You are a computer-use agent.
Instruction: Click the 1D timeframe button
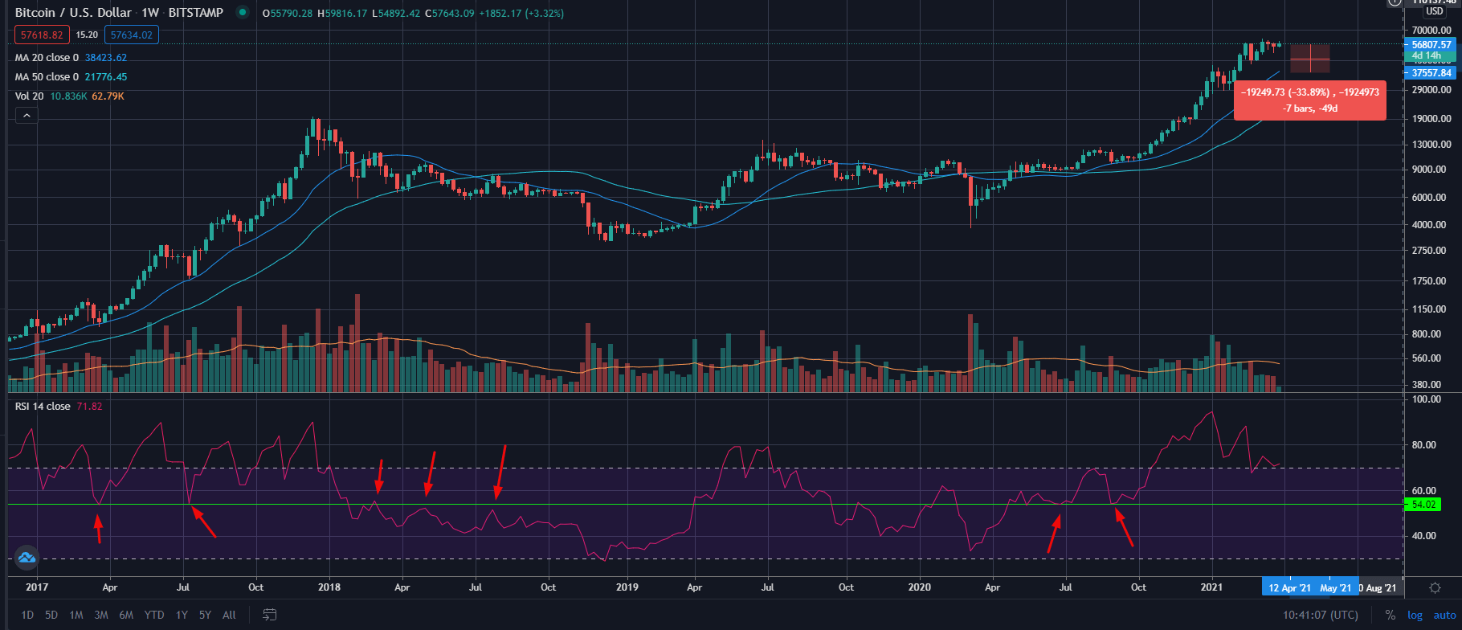click(x=27, y=615)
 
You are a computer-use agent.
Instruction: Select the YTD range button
click(x=154, y=615)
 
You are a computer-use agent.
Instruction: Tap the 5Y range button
click(x=205, y=615)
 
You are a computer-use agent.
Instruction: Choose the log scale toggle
click(x=1415, y=615)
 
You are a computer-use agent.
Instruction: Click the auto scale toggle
click(x=1444, y=615)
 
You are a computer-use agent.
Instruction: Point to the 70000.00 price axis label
click(x=1431, y=31)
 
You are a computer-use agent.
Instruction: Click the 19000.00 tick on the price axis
click(x=1431, y=118)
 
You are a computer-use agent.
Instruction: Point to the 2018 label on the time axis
click(x=329, y=587)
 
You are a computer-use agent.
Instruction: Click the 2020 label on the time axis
click(x=919, y=587)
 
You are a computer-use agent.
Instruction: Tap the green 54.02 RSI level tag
click(x=1423, y=505)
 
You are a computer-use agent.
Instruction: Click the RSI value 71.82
click(x=89, y=407)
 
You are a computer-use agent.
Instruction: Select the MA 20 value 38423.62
click(x=106, y=58)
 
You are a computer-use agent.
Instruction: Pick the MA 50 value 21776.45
click(x=106, y=77)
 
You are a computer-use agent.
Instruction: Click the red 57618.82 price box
click(x=42, y=35)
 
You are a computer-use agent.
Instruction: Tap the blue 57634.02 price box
click(x=132, y=35)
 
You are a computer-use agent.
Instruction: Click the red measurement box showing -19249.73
click(x=1309, y=100)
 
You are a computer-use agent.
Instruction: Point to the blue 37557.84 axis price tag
click(x=1431, y=73)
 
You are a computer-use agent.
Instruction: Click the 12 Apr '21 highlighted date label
click(x=1289, y=587)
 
